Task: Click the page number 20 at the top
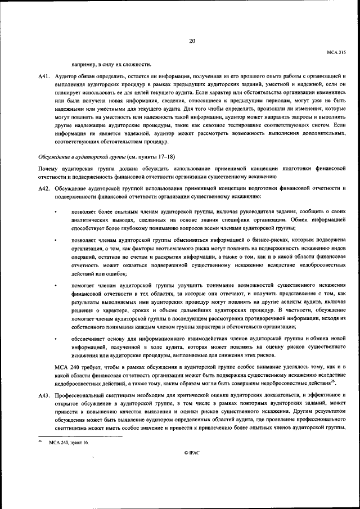192,40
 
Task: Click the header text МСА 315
336,51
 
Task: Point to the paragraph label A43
45,396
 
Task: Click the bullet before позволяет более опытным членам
56,211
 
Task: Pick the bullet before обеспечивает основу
56,339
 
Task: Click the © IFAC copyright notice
192,468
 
